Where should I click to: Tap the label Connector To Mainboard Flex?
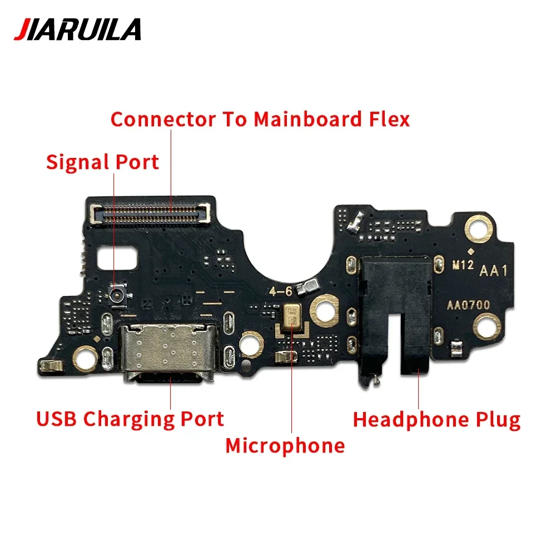(260, 119)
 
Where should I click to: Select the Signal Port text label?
(102, 162)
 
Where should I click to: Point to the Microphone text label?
(285, 445)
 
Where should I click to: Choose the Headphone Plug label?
(437, 419)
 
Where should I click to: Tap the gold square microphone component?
(291, 317)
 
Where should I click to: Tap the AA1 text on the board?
(493, 271)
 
